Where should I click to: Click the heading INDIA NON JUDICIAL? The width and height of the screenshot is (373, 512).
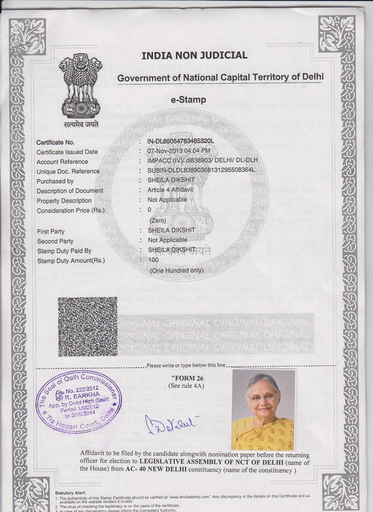194,55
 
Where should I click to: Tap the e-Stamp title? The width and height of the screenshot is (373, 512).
188,100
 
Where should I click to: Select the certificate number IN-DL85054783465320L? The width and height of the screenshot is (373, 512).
180,142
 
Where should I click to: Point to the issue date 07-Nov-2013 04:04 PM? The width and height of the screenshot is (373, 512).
178,151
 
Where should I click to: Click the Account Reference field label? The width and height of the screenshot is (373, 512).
62,161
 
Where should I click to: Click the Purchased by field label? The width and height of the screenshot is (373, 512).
55,181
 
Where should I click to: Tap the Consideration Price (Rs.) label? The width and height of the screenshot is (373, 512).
70,210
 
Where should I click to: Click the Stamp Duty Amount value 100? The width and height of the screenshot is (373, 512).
153,260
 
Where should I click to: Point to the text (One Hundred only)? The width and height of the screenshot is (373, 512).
177,270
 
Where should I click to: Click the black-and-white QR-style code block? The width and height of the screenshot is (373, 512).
87,326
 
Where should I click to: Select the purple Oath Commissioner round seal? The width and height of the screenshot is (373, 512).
78,401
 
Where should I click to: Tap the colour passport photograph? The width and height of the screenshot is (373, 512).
263,410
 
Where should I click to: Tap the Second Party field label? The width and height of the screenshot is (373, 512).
55,241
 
